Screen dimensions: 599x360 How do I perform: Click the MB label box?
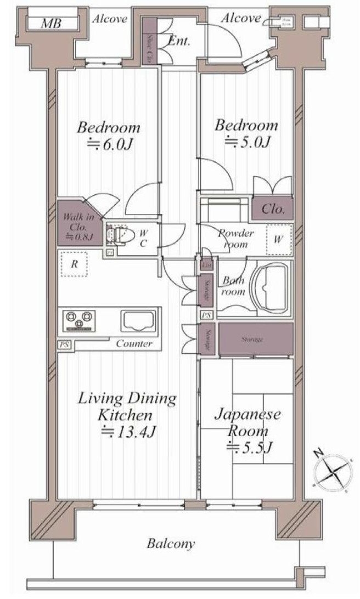[x=51, y=23]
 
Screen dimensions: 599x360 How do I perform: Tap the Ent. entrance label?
[x=179, y=41]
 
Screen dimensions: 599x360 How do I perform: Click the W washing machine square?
[x=279, y=239]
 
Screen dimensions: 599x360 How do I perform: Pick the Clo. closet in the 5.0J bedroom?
[x=272, y=209]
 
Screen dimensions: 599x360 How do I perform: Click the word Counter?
[x=134, y=344]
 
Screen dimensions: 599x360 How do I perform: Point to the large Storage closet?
[x=255, y=339]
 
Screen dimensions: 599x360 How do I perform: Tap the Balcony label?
[x=171, y=544]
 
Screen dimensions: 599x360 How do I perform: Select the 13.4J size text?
[x=128, y=431]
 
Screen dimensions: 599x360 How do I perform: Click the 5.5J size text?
[x=250, y=447]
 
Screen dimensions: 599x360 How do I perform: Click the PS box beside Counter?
[x=64, y=344]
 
